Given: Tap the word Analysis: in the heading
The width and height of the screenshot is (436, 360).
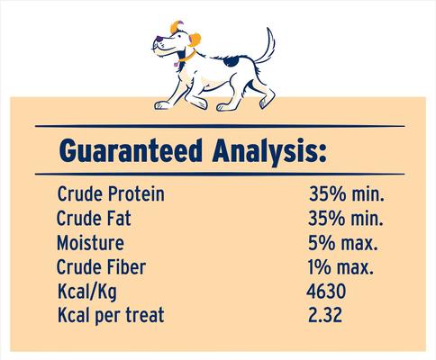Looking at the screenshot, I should tap(268, 149).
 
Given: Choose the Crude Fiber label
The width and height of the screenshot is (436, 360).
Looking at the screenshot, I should tap(99, 267).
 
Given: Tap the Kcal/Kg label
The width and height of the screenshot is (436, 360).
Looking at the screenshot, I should tap(85, 292).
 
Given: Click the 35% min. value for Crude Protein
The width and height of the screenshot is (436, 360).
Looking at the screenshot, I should tap(345, 194).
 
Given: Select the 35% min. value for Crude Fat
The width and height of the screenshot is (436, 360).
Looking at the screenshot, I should tap(345, 219).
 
